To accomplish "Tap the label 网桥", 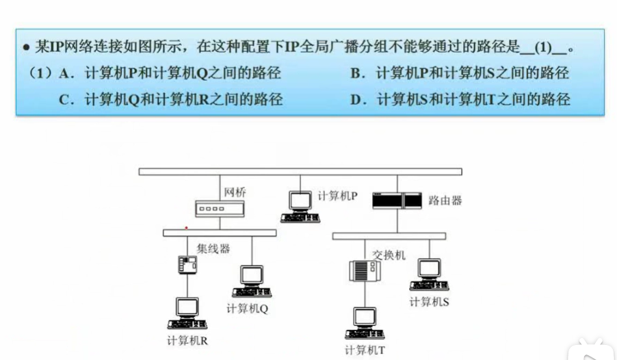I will click(x=235, y=192).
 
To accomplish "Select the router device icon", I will click(x=397, y=201).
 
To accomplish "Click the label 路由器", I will click(x=445, y=201).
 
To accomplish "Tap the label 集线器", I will click(x=213, y=248).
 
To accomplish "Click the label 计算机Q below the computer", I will click(x=247, y=308).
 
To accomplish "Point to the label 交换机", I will click(x=389, y=255).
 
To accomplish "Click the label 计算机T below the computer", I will click(x=365, y=350).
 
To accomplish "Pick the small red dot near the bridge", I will click(x=187, y=227).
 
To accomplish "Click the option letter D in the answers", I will click(x=356, y=99).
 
